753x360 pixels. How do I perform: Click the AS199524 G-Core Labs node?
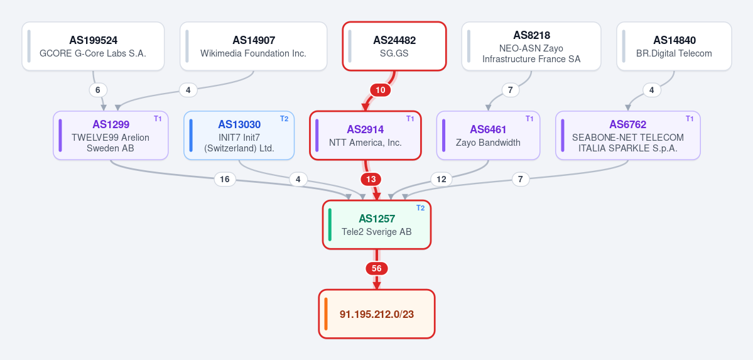click(93, 46)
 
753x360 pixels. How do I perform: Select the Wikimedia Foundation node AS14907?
click(254, 46)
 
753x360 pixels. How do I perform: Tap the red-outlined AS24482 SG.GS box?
click(394, 46)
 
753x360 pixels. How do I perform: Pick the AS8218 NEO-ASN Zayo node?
click(531, 46)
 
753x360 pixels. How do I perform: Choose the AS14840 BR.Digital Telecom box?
click(674, 46)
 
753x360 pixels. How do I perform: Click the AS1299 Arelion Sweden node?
click(111, 136)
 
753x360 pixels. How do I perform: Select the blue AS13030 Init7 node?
click(239, 136)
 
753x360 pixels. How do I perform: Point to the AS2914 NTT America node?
click(366, 136)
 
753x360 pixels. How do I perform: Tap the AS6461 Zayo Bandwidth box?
click(488, 136)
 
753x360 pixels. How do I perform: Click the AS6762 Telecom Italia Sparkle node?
click(627, 136)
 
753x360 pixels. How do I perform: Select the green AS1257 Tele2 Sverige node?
click(377, 225)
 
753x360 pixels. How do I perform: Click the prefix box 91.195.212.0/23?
click(377, 314)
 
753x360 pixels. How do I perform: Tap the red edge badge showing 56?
click(377, 269)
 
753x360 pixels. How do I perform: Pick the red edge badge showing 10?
click(380, 90)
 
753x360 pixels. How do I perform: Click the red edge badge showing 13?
click(371, 180)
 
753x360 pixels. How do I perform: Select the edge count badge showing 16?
click(225, 180)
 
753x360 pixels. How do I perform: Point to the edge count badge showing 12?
click(442, 180)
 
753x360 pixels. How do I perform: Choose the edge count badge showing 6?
click(98, 90)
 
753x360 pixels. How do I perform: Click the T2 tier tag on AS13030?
click(284, 119)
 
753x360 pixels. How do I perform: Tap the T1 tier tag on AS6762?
click(690, 119)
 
